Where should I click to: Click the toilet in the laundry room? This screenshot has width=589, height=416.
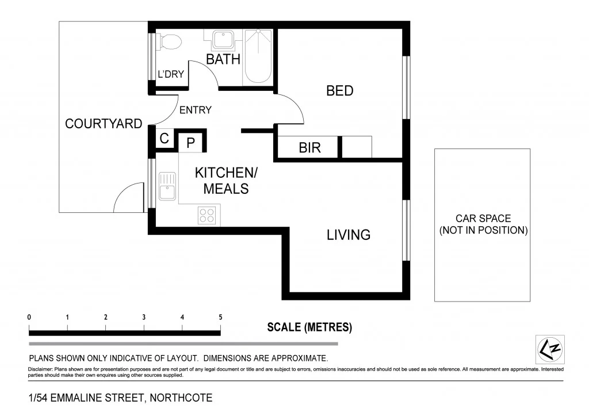(170, 41)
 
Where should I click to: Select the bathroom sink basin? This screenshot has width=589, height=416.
(222, 40)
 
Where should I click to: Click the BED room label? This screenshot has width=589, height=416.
(339, 91)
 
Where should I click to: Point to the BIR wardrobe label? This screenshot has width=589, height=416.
(309, 148)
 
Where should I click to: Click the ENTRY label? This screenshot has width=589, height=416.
(196, 110)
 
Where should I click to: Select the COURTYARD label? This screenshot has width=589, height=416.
(104, 124)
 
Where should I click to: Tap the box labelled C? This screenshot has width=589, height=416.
(164, 139)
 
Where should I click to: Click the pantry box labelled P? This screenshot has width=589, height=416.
(191, 142)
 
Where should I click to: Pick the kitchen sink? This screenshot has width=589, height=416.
(167, 185)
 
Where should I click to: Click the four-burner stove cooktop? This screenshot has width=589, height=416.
(206, 215)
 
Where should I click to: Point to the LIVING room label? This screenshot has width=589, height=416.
(349, 235)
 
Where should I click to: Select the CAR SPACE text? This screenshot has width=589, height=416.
(483, 224)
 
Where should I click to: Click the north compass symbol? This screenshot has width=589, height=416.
(550, 349)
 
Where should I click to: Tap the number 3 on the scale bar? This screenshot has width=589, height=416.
(144, 317)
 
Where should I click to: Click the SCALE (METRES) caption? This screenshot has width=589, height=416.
(309, 327)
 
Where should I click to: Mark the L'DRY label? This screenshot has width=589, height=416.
(171, 74)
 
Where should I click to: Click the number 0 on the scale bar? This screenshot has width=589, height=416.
(29, 317)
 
